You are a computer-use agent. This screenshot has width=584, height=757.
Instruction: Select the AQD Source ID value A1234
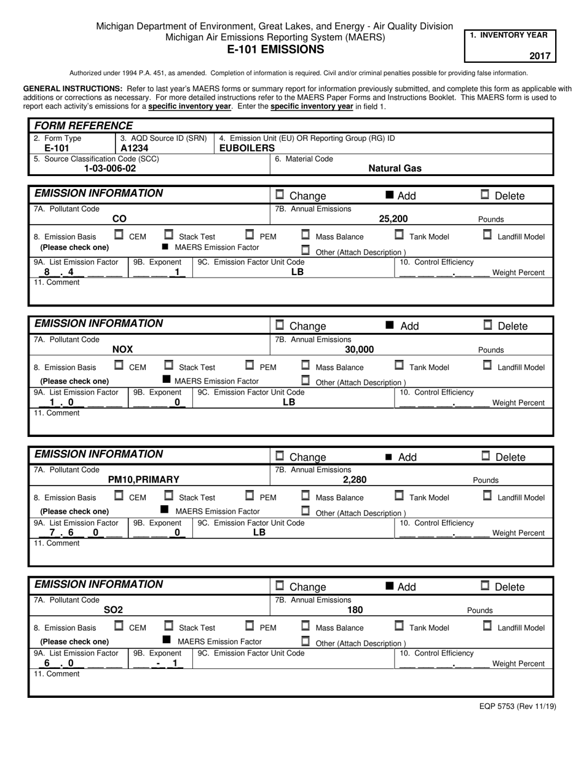(134, 148)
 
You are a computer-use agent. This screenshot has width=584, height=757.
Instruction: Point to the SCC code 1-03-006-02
(110, 168)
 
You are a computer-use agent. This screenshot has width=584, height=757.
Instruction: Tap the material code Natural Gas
(395, 168)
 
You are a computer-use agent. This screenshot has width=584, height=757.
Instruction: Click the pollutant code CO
(119, 218)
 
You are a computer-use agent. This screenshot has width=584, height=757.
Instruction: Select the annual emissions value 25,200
(393, 218)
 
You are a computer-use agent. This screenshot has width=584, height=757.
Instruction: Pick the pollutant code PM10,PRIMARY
(143, 479)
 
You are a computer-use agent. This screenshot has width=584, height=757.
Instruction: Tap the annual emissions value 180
(355, 610)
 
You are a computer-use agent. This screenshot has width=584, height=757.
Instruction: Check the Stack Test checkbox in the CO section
(168, 234)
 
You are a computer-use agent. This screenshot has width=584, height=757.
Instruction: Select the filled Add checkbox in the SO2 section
(389, 586)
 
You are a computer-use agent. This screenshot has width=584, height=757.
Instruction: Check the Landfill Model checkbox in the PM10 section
(487, 495)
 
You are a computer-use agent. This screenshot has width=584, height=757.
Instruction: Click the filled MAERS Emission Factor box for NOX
(166, 379)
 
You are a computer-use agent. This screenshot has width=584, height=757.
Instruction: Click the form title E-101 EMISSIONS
(275, 50)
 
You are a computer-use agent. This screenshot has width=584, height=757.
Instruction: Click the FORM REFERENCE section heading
(83, 126)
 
